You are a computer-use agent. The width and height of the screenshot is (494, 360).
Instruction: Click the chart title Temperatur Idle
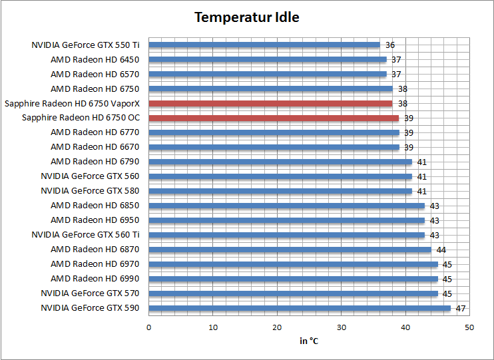246,17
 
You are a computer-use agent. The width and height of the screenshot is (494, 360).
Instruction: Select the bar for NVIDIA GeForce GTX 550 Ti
264,45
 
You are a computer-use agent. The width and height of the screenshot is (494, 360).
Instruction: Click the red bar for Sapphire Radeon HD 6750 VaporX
270,103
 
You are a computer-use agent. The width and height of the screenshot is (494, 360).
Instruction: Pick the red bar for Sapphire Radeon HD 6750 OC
274,118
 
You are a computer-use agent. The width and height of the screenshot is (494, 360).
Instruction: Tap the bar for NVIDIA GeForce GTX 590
300,308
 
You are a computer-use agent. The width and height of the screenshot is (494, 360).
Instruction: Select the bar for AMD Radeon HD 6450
267,60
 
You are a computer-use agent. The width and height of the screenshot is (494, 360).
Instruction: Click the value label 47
461,308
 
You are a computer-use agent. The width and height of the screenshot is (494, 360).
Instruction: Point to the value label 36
390,45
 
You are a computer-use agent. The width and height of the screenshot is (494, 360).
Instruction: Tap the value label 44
441,250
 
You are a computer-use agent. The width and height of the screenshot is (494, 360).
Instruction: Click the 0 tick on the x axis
148,327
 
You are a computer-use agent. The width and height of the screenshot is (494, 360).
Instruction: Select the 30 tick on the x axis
342,327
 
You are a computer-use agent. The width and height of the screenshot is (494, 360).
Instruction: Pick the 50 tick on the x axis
469,327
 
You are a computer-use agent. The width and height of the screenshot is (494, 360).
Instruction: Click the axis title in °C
309,341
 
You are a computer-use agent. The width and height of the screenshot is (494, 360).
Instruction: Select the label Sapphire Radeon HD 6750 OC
81,118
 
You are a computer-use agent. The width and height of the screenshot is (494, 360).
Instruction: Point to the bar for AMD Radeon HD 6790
280,162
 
